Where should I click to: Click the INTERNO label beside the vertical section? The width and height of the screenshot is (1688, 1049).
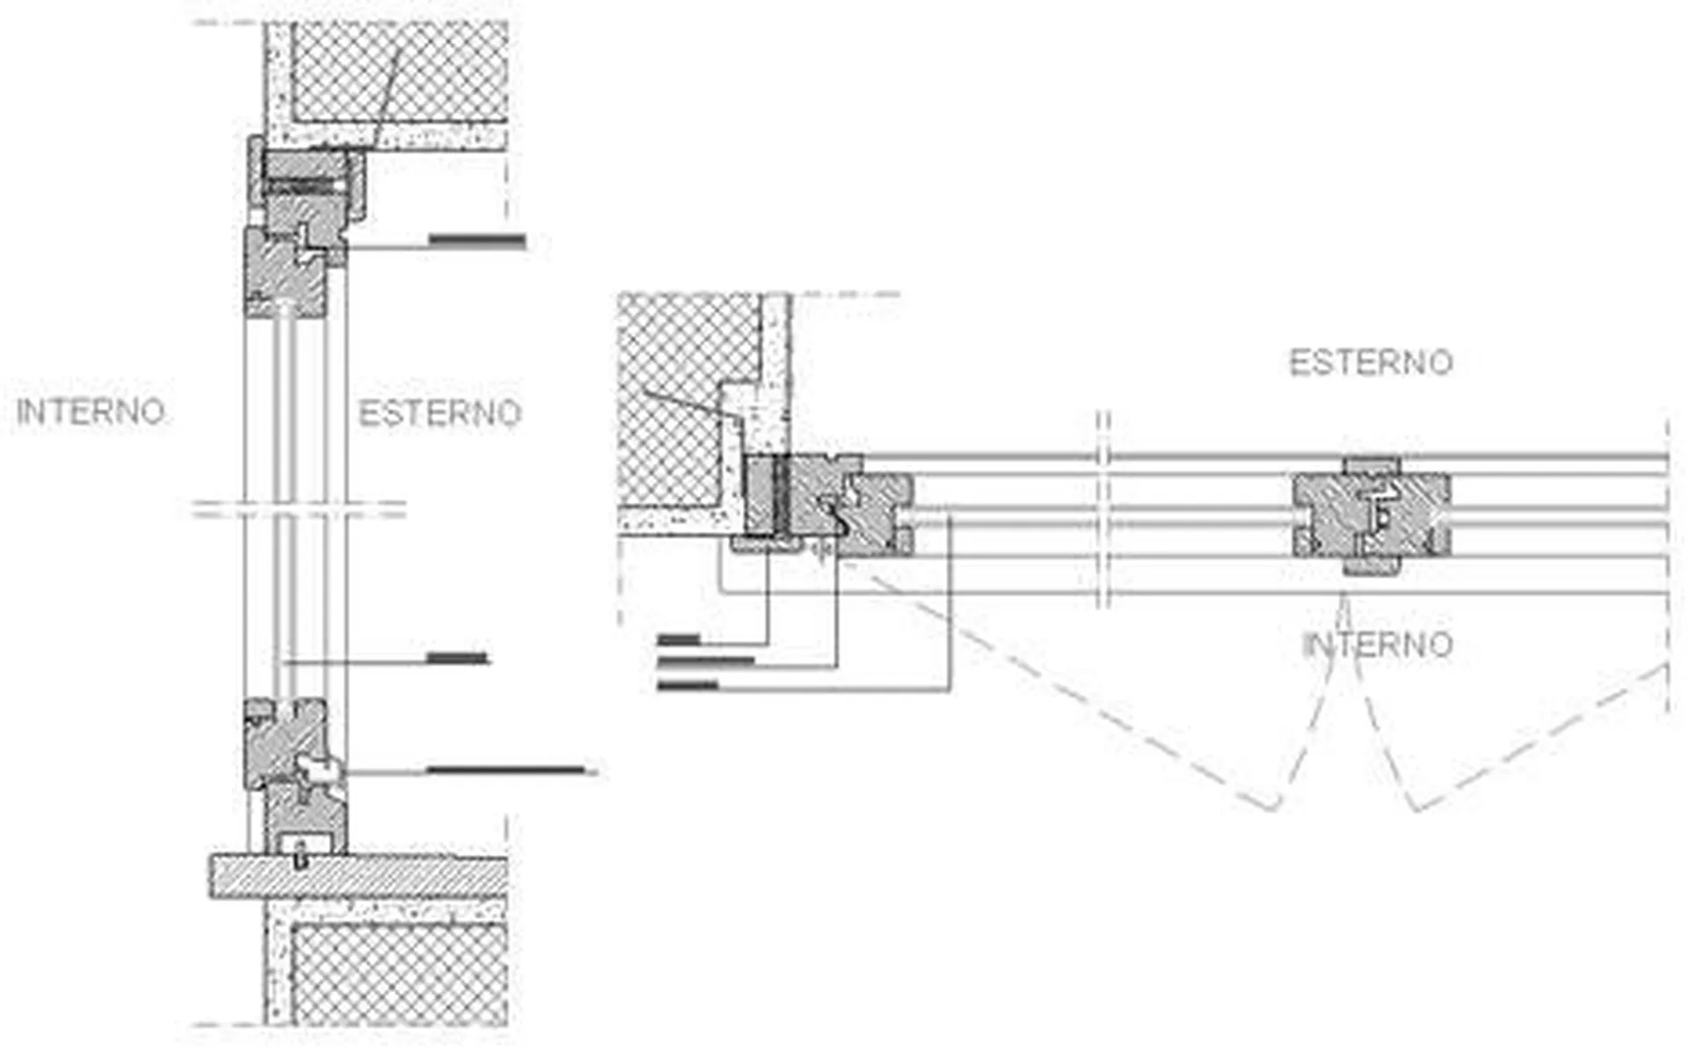coord(91,412)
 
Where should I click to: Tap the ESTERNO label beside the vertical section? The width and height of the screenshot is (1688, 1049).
coord(440,413)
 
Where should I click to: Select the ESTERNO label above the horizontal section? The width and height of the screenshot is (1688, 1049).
coord(1371,362)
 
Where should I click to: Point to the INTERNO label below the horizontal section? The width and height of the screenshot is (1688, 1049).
coord(1377,645)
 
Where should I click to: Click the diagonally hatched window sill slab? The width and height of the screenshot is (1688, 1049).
coord(359,877)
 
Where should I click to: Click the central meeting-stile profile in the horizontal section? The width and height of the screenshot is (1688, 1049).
coord(1371,515)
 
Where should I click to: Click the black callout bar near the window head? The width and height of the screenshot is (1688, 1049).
coord(477,241)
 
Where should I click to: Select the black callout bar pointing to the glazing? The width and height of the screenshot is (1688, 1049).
coord(457,658)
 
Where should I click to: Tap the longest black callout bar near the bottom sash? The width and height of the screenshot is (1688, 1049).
coord(506,771)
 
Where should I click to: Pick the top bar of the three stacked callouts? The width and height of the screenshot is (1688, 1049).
coord(679,639)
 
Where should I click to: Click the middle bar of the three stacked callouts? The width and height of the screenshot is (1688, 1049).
coord(706,660)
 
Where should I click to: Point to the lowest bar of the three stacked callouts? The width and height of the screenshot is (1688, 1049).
coord(688,684)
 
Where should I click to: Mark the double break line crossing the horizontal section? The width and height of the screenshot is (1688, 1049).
coord(1104,509)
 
